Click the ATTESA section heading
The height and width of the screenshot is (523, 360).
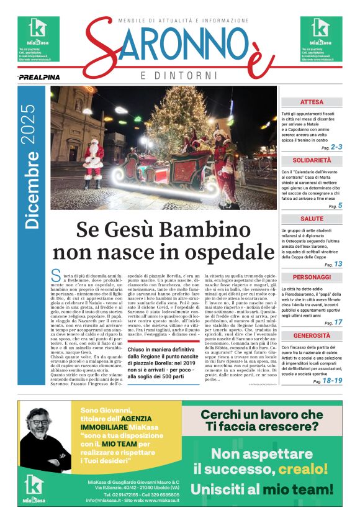311,102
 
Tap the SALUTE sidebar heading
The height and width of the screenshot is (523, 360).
312,219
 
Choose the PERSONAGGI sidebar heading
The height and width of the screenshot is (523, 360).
311,277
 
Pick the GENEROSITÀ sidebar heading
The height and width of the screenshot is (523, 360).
311,335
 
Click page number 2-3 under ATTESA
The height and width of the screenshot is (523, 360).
336,147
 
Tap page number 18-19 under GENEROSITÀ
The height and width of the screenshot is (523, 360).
332,381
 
